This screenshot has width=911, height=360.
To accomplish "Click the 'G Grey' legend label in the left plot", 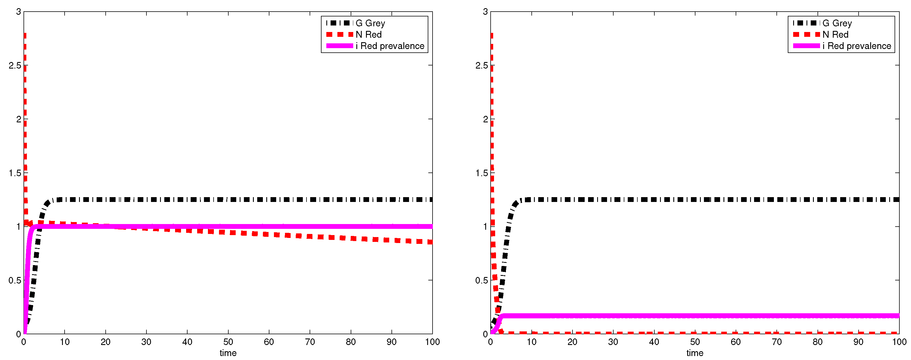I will click(x=370, y=23).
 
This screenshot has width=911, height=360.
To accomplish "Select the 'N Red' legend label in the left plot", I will click(x=369, y=35).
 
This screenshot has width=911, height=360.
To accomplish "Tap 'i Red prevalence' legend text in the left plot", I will click(x=390, y=46).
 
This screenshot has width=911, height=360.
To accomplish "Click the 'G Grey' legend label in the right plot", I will click(x=837, y=23).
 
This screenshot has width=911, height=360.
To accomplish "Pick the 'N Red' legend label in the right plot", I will click(x=835, y=35).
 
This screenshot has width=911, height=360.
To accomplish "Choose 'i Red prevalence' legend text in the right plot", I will click(x=857, y=46).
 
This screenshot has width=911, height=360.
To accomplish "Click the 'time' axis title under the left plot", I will click(x=228, y=353).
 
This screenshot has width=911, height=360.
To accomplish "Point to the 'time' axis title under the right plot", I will click(x=695, y=353).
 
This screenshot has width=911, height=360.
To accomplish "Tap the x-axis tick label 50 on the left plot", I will click(x=228, y=342).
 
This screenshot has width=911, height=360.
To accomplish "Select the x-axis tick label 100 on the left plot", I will click(x=432, y=342).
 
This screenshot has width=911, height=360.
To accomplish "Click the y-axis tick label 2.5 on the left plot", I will click(x=15, y=65).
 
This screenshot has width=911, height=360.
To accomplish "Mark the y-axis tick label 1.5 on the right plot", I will click(x=482, y=173).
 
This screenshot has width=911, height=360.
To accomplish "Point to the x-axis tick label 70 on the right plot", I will click(x=777, y=342).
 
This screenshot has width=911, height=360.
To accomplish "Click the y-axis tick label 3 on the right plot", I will click(x=485, y=12).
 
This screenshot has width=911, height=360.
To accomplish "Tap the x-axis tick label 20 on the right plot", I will click(x=572, y=342).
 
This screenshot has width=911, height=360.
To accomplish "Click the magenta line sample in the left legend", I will click(x=340, y=46).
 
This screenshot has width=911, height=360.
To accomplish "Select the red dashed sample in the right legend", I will click(x=806, y=34).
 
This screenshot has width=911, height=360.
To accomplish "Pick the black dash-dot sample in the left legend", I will click(x=340, y=23).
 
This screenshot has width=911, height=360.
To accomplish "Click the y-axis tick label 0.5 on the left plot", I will click(x=15, y=280).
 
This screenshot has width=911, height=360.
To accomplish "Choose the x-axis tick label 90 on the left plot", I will click(x=391, y=342).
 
